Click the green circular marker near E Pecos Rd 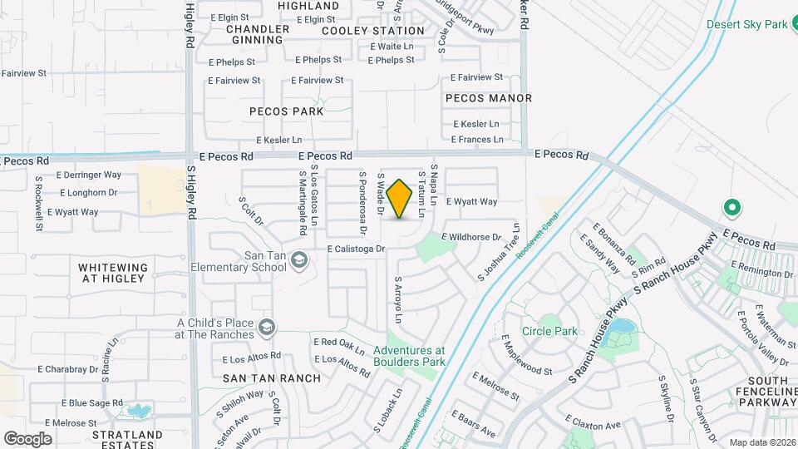coord(732,206)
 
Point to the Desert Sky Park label coord(746,24)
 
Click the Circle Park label coord(549,331)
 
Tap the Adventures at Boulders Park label coord(409,356)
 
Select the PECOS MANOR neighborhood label coord(489,98)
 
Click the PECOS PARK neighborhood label coord(287,111)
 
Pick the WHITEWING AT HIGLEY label coord(113,273)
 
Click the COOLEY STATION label coord(373,31)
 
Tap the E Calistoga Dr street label coord(357,249)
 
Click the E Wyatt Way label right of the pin coord(471,201)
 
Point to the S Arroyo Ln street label coord(398,300)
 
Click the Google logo coord(27,438)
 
